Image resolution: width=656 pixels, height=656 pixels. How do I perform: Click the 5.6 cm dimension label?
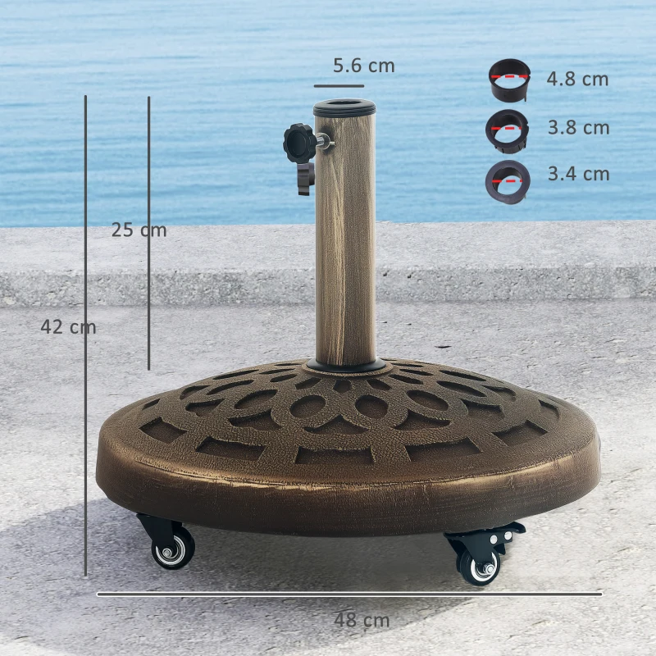coord(363,66)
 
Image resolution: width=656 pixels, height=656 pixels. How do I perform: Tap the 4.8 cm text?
coord(578,80)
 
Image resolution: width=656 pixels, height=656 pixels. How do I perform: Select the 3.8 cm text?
coord(578,128)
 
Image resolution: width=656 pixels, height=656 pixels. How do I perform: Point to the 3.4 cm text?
coord(578,174)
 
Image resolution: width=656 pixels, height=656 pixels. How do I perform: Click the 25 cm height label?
coord(139,230)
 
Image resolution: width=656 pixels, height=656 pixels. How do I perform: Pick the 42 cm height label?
coord(68,327)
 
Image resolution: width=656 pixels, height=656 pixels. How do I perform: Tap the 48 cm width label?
coord(362,621)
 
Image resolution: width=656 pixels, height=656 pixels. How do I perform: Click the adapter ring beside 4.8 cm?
coord(508,80)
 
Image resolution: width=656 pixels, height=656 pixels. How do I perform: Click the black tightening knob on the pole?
coord(299,143)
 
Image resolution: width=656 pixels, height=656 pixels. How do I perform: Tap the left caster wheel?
coord(173,548)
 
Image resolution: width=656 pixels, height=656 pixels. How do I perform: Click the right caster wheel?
coord(478,565)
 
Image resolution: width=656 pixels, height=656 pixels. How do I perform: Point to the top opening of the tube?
coord(344,107)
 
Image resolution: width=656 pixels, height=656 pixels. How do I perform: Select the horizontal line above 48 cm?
coord(349,594)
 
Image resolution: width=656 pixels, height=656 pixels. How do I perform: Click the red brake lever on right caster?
coord(499,534)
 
